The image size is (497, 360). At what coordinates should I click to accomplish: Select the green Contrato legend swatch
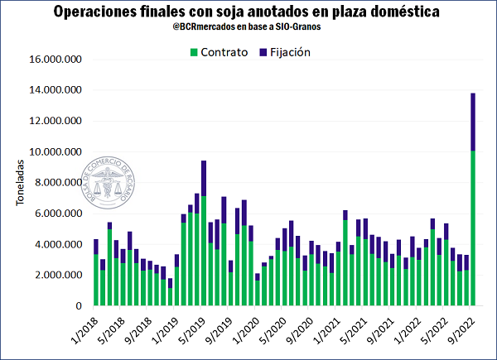[194, 51]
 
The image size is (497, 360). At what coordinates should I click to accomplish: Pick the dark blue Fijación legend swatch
[263, 51]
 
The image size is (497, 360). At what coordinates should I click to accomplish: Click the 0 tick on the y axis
[79, 306]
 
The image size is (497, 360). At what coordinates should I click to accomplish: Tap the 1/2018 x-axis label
[85, 329]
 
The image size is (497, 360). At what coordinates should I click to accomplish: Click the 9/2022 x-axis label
[461, 329]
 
